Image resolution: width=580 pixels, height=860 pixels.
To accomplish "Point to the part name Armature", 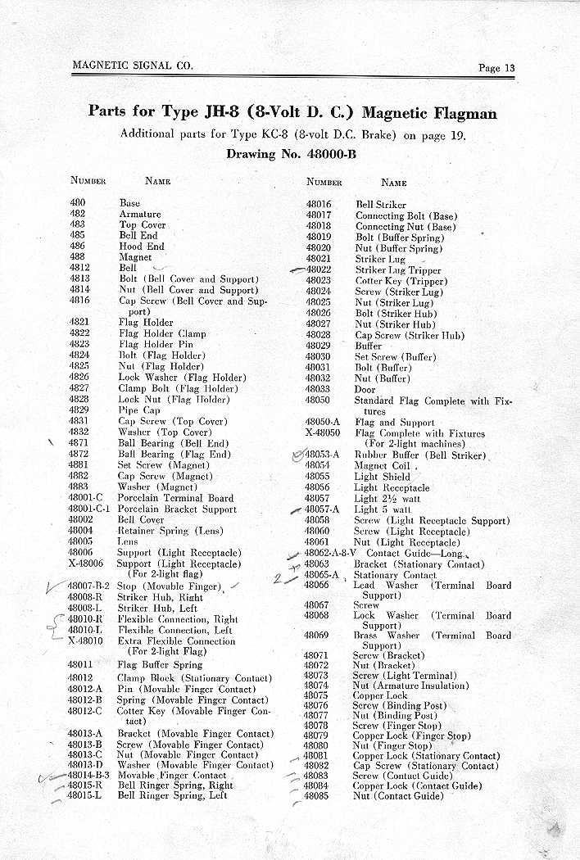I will (140, 214).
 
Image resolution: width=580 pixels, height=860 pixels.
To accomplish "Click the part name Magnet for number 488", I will (135, 257).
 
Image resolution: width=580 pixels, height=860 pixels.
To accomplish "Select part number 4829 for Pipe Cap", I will (79, 410).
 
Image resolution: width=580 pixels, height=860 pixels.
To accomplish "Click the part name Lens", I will (128, 541).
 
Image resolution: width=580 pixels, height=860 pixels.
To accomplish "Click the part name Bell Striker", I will (380, 205).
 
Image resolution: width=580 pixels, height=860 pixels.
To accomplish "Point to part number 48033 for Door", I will (318, 389).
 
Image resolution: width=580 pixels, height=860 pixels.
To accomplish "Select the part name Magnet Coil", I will (383, 466).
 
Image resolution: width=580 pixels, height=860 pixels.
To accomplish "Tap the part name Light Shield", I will (383, 477).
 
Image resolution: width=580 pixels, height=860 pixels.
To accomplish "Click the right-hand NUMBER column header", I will (324, 183).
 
